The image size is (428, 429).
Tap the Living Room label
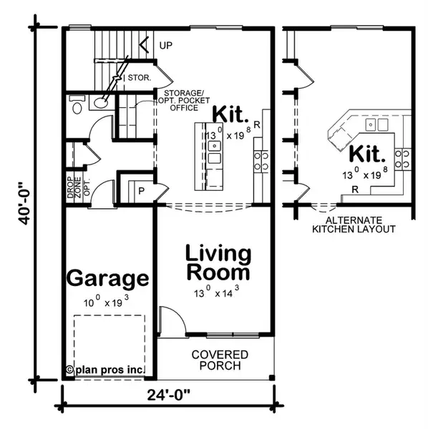click(x=218, y=262)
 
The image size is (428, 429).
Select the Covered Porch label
click(x=220, y=360)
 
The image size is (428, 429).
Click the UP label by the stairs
click(x=166, y=46)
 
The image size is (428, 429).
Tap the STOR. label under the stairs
click(x=139, y=77)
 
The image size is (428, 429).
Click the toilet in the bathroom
click(x=77, y=107)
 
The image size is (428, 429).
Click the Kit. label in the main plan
click(x=230, y=114)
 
